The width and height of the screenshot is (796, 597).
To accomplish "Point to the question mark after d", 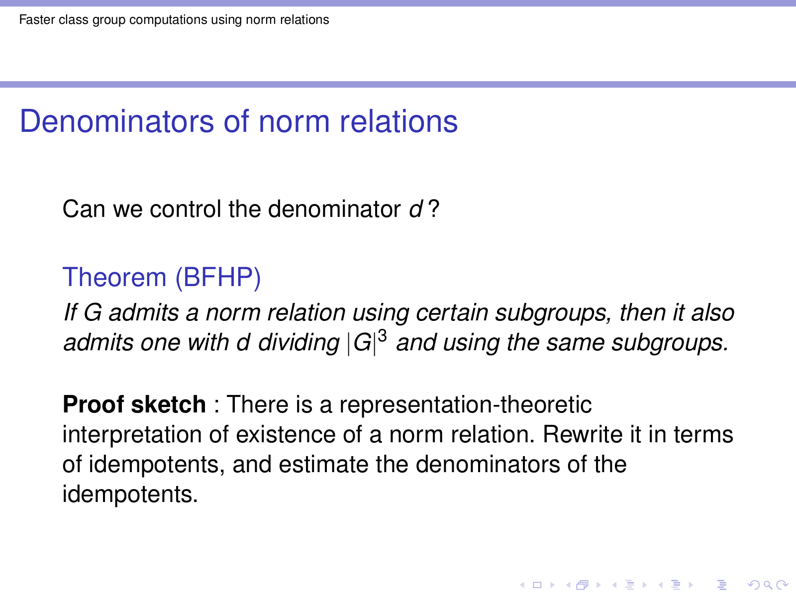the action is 433,209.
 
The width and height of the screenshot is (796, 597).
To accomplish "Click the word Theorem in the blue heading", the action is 114,277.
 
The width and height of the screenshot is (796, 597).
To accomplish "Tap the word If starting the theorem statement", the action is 70,312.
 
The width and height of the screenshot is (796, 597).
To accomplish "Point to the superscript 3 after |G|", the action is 382,336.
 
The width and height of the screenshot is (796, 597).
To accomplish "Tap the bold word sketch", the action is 168,404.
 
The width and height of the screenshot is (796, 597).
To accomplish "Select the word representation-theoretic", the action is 465,404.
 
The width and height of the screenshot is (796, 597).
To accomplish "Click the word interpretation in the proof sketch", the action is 132,435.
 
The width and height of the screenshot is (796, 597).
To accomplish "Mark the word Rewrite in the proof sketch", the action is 583,434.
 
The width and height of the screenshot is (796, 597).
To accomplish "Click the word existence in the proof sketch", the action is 286,434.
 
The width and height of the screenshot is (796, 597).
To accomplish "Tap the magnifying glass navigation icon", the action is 768,585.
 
